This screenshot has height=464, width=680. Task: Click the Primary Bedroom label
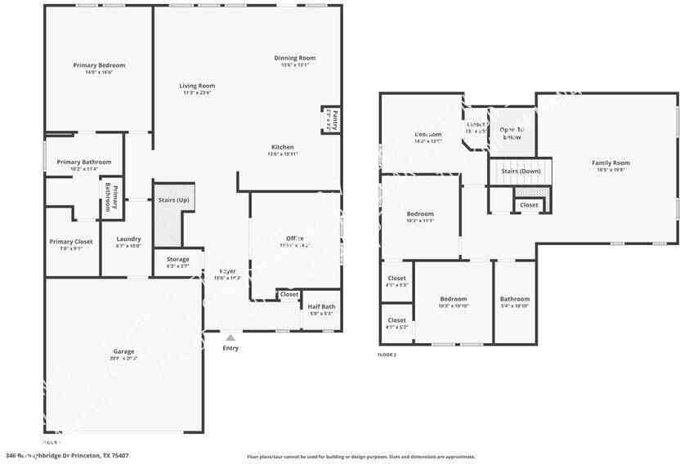click(99, 65)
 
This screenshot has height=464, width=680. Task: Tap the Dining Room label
click(295, 58)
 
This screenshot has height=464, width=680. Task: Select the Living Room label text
click(197, 86)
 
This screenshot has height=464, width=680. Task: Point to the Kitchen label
click(283, 147)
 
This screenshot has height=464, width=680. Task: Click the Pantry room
click(333, 120)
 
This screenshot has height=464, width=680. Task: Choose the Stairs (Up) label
click(172, 200)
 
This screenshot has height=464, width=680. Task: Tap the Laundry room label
click(128, 239)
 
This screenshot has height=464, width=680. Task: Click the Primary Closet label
click(71, 242)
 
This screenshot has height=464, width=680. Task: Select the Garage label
click(124, 351)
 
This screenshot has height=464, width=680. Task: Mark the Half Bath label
click(321, 306)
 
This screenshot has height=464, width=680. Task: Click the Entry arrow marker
click(230, 336)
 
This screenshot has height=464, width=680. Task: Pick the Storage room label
click(178, 259)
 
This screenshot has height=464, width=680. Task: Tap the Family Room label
click(611, 163)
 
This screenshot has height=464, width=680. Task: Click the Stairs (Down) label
click(520, 172)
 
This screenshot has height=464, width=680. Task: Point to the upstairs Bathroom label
click(515, 299)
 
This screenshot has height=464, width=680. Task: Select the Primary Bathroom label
click(84, 162)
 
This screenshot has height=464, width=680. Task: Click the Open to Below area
click(512, 133)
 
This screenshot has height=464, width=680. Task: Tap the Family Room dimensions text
click(611, 170)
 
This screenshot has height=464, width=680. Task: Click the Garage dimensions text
click(124, 359)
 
